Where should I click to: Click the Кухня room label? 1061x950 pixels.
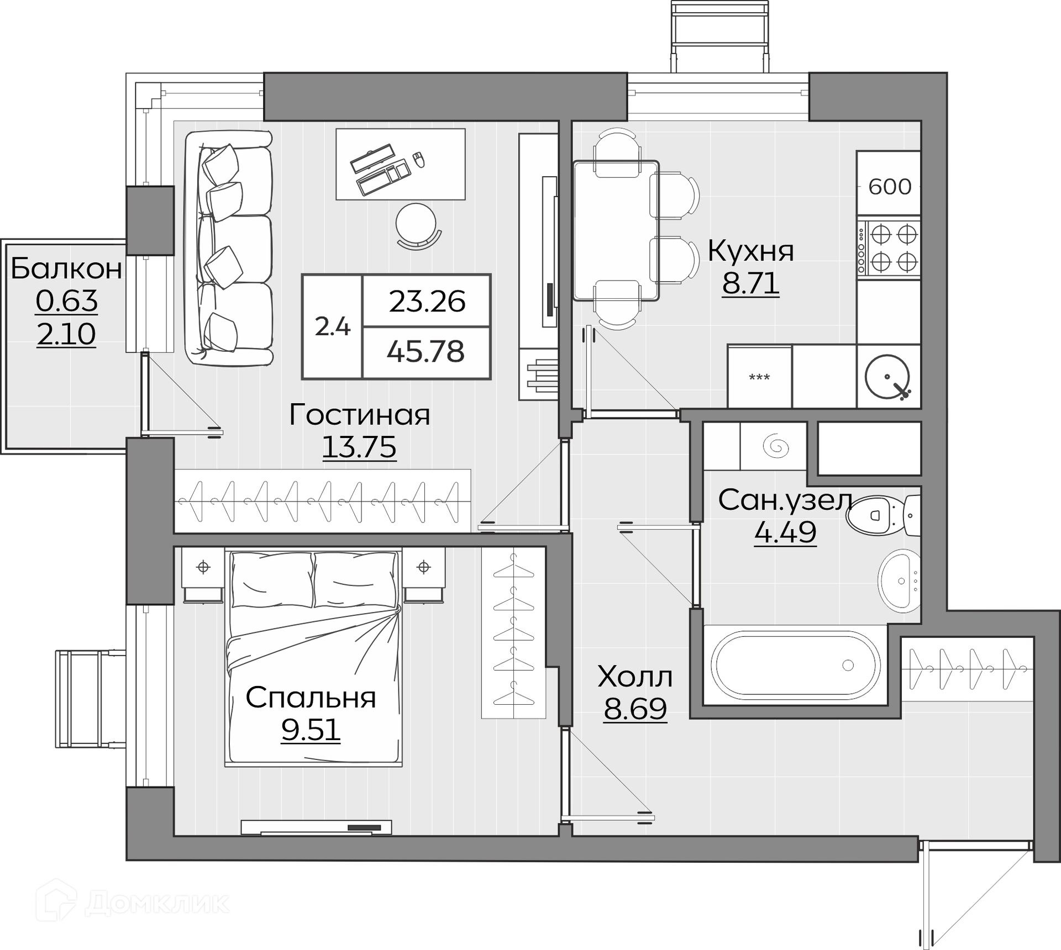click(x=750, y=251)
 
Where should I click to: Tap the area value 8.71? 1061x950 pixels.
click(x=750, y=283)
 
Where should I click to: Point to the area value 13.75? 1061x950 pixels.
click(x=359, y=447)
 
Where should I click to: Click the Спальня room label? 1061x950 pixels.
click(x=311, y=697)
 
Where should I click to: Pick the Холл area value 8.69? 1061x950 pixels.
click(x=635, y=709)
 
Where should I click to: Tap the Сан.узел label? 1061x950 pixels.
click(x=785, y=500)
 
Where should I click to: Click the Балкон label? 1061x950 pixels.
click(x=66, y=268)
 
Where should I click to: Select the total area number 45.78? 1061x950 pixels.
click(x=426, y=351)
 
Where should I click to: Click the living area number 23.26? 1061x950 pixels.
click(x=427, y=302)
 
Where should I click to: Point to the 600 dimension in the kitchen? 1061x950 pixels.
click(x=890, y=187)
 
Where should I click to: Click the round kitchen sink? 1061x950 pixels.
click(x=887, y=377)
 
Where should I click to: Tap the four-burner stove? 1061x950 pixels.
click(x=889, y=248)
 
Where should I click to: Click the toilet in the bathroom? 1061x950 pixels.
click(x=883, y=515)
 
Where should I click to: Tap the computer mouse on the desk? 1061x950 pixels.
click(x=419, y=159)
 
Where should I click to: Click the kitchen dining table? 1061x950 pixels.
click(x=616, y=230)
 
